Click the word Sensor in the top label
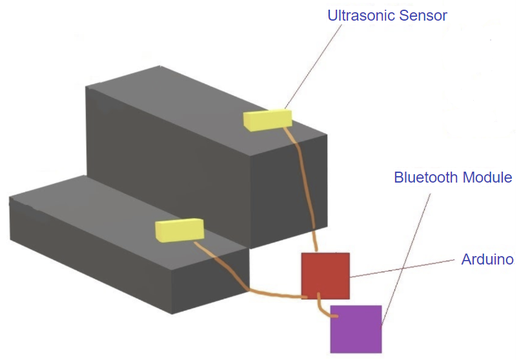pyautogui.click(x=423, y=15)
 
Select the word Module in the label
pyautogui.click(x=490, y=177)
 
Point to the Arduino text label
pyautogui.click(x=487, y=260)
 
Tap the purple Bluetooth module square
pyautogui.click(x=356, y=329)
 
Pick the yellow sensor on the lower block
pyautogui.click(x=179, y=230)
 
